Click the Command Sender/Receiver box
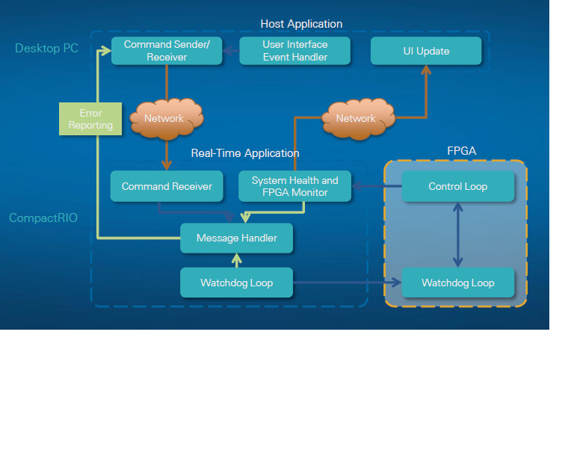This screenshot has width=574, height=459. pos(167,51)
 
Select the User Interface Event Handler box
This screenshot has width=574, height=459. pos(294,51)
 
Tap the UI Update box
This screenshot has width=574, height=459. pos(426,51)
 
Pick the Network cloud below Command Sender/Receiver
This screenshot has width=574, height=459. pos(164,118)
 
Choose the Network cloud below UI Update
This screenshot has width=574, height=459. pos(356,118)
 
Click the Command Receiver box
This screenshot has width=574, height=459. pos(167,186)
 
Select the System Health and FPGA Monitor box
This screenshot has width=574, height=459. pos(294,186)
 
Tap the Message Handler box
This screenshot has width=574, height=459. pos(236,238)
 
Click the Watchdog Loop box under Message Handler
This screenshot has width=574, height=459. pos(236,283)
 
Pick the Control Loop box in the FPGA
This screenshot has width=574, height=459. pos(457,186)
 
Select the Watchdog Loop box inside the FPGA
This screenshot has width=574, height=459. pos(457,283)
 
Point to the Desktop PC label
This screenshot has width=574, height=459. pos(46,49)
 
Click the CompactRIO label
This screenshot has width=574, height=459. pos(43,218)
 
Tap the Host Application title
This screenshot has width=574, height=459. pos(301,24)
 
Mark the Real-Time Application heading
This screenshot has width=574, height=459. pos(245,153)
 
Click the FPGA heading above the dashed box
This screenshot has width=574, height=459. pos(461,151)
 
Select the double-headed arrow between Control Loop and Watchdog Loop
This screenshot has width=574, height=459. pos(457,234)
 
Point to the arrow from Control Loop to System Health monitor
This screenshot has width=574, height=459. pos(377,186)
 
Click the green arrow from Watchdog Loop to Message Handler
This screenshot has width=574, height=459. pos(236,260)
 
